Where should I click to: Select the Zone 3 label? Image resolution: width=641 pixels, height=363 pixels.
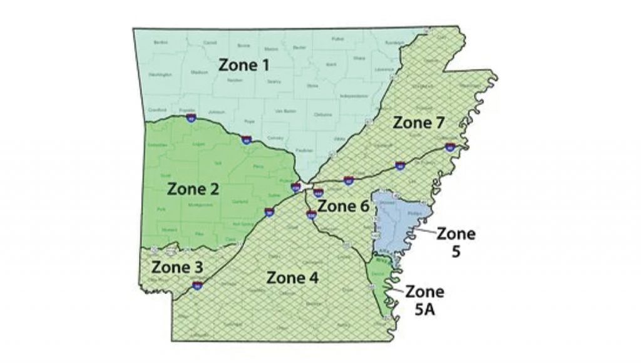coord(176,266)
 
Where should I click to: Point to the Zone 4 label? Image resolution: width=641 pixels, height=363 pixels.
coord(293,277)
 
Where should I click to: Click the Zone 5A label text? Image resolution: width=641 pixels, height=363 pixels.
coord(425,299)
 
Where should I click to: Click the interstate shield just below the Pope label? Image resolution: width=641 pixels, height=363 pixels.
coord(247,140)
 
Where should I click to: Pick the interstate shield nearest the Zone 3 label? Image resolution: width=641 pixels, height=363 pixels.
coord(198,286)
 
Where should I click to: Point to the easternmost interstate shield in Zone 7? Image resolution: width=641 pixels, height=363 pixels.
coord(449,148)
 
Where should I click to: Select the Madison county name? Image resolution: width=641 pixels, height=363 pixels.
coord(199,73)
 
